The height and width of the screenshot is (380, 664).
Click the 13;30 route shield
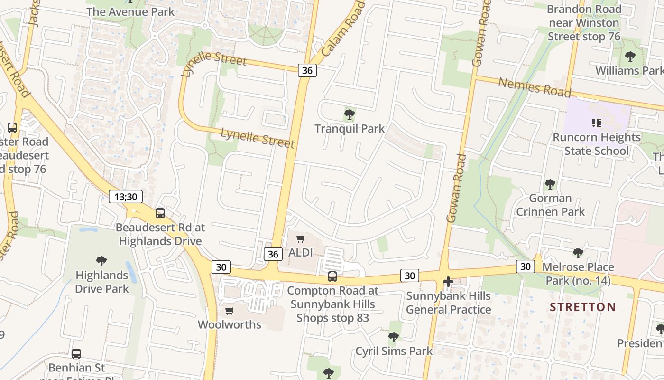[126, 197]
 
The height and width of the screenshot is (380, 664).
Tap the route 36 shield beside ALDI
[273, 254]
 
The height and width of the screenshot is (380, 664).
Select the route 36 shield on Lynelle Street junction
[307, 70]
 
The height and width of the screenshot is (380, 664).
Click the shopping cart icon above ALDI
[301, 239]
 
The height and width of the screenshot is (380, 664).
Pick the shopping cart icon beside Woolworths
[230, 311]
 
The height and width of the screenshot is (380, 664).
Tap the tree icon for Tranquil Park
[350, 114]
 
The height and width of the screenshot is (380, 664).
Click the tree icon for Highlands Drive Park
[101, 261]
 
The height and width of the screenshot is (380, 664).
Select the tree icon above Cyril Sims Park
[393, 337]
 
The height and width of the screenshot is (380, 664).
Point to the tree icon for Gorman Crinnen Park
[550, 184]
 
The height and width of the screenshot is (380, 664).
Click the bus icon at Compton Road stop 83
[332, 276]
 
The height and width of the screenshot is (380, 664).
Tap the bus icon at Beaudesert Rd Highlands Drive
[160, 213]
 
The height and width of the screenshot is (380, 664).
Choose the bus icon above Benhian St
[76, 354]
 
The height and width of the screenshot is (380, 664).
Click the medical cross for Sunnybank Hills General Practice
[448, 282]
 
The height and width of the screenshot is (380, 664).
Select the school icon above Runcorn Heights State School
[597, 123]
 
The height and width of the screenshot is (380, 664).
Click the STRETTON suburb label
[583, 307]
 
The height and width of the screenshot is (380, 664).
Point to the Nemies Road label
[535, 87]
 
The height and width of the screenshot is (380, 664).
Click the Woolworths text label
[230, 325]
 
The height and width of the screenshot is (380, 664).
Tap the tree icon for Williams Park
[630, 57]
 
